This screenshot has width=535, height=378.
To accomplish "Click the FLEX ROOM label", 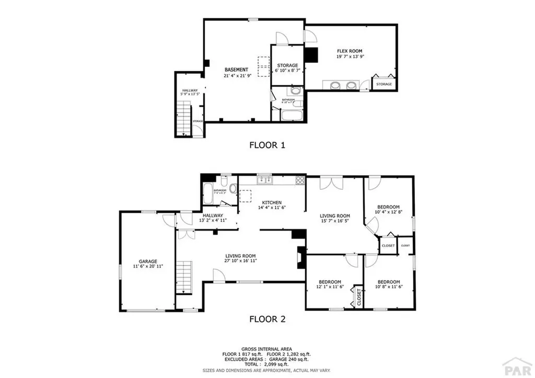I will [x=350, y=51].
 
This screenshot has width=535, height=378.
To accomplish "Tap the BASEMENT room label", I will [x=236, y=70].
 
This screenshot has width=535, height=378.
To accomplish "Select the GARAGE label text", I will [x=148, y=261].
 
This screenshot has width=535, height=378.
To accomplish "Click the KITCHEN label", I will [x=272, y=202].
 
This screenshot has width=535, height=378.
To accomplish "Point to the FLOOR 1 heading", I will [x=267, y=145].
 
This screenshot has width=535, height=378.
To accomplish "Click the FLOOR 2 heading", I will [x=267, y=318].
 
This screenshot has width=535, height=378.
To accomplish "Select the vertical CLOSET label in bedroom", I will [x=359, y=296].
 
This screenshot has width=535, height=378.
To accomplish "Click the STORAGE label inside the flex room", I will [x=384, y=84].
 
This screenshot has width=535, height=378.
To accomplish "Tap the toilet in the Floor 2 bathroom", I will [x=224, y=182].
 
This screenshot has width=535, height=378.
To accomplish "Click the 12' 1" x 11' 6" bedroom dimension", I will [x=330, y=287].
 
